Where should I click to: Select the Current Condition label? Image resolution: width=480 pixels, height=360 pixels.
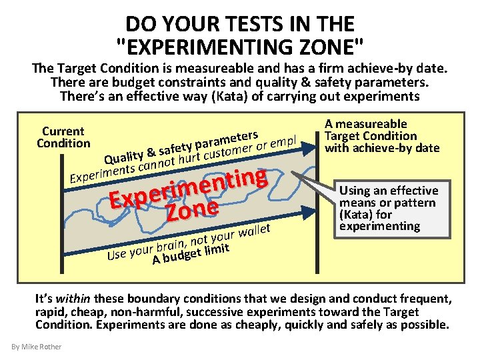(63, 137)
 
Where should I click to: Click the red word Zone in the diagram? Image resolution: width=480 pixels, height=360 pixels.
(193, 209)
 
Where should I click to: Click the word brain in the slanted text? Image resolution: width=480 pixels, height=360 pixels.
(170, 245)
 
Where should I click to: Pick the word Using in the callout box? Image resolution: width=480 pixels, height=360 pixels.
(357, 191)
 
